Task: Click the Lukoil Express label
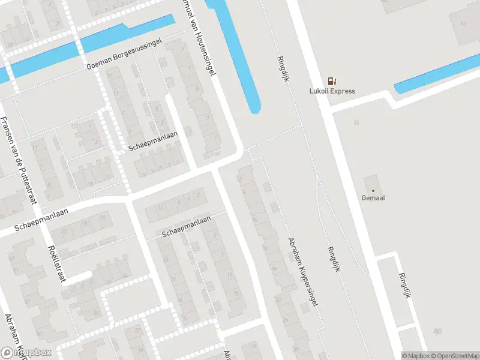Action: click(x=332, y=91)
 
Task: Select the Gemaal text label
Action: click(x=373, y=197)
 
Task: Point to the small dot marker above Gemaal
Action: click(x=373, y=190)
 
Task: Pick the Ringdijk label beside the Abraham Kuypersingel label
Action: click(x=334, y=260)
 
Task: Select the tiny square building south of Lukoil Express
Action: click(x=356, y=122)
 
